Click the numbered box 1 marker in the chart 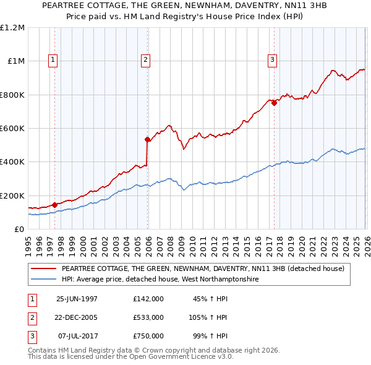53,60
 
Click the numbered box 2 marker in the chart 145,60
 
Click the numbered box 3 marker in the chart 272,60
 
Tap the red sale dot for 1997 55,205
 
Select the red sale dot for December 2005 148,139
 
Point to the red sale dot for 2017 274,103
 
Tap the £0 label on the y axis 19,229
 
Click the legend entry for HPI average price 159,280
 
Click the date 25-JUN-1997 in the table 77,298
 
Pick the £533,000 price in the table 148,317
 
